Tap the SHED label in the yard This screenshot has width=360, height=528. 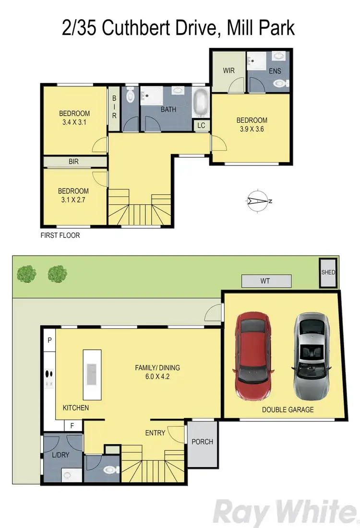coord(329,272)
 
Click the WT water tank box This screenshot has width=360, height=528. coord(266,281)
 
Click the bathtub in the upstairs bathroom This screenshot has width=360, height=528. coord(201,102)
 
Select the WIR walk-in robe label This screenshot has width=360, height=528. coord(228,70)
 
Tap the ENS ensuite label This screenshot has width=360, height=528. coord(275,71)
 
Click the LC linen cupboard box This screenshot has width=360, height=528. coord(201,125)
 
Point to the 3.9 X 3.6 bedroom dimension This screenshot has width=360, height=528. coord(252,129)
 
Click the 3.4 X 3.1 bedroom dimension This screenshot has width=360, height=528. coord(74,122)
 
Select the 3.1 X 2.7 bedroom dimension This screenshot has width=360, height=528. coord(74,199)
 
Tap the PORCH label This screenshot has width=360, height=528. coord(202,441)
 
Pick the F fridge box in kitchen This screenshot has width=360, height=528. coord(72,425)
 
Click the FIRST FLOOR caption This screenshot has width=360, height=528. coord(60,235)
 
